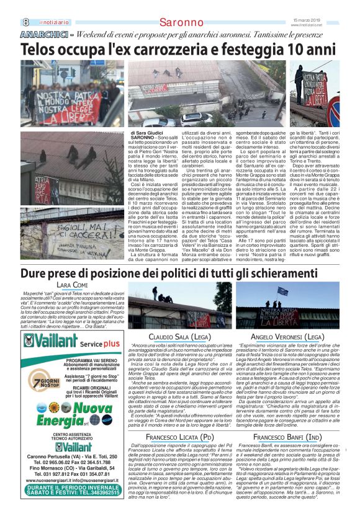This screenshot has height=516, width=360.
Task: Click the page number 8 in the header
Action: pos(26,22)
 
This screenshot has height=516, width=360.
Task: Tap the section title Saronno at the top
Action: pos(180,23)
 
